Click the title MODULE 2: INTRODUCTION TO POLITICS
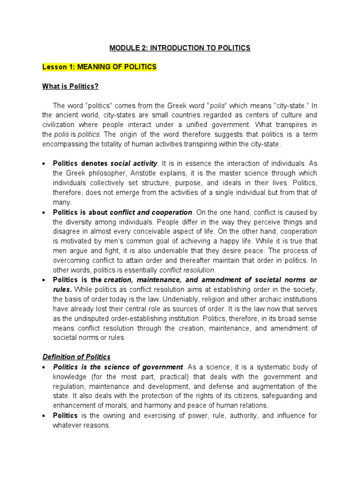pos(180,48)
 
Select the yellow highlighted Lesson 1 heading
pos(99,67)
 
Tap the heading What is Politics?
pos(70,86)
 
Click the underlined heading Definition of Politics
pos(76,357)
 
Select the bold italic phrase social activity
pos(134,163)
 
